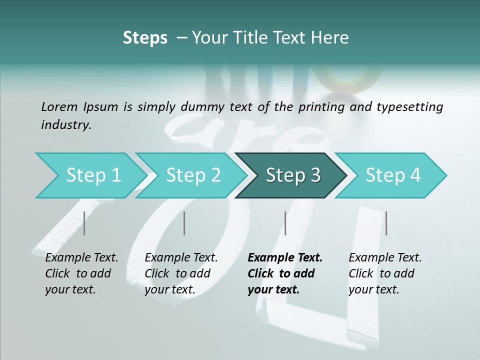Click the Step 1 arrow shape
coord(90,175)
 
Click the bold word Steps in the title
coord(145,38)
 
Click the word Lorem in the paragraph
coord(59,106)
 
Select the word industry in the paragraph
coord(65,125)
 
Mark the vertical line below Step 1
coord(84,223)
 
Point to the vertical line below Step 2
coord(184,223)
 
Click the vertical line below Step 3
coord(285,223)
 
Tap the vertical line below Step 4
coord(386,223)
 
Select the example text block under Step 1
coord(81,273)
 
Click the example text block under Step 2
coord(180,273)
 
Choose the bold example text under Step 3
coord(284,273)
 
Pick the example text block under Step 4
coord(384,273)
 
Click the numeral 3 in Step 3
coord(315,175)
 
